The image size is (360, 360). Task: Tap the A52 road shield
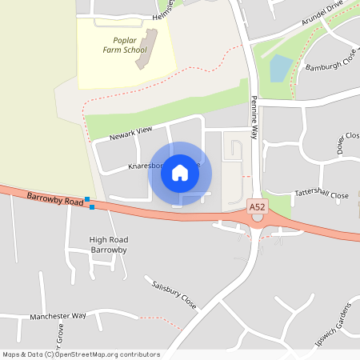point(256,206)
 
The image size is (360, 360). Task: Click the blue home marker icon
point(180,172)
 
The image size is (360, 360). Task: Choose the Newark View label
point(131,133)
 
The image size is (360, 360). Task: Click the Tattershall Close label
point(322,195)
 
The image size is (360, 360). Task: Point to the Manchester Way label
point(58,316)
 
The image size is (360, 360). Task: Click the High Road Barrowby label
point(109,245)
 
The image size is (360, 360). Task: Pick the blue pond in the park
point(281,69)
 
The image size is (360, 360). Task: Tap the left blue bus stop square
point(87,199)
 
